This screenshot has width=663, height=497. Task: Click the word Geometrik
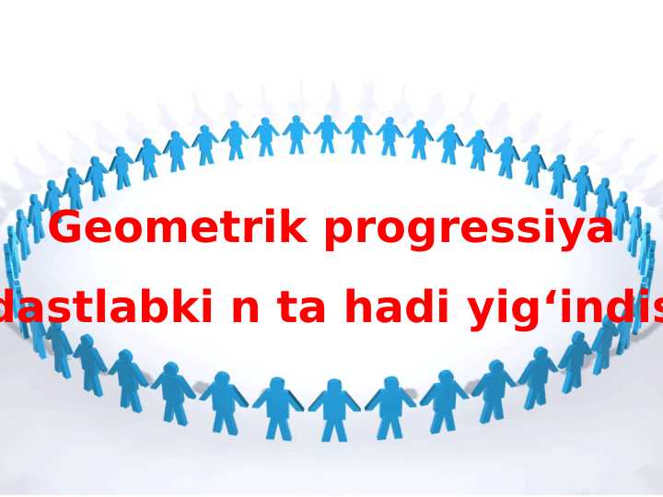coord(178,227)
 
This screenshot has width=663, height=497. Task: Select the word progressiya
coord(469,230)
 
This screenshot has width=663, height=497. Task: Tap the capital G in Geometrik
coord(68,227)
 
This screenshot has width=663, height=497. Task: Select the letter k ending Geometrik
coord(293,227)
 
